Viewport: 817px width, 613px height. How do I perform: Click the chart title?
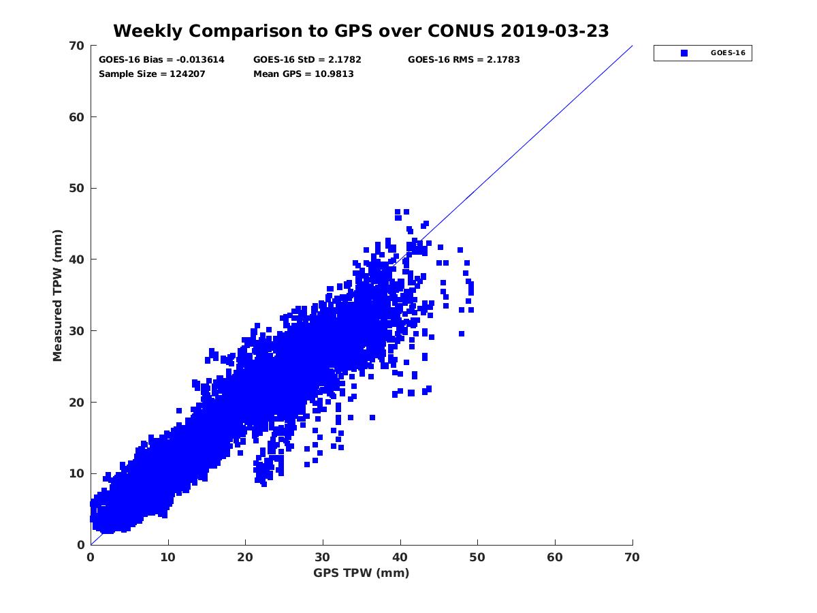point(361,31)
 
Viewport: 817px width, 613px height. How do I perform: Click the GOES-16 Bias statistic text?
point(161,60)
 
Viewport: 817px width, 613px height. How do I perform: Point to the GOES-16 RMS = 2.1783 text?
point(464,60)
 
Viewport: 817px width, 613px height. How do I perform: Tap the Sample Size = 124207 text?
point(152,74)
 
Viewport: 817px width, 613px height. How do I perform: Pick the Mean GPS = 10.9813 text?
point(303,74)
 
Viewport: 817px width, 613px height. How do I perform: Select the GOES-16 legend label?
point(727,53)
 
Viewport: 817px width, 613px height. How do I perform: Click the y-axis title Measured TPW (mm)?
point(57,295)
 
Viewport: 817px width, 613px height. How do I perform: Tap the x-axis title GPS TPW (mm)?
point(361,573)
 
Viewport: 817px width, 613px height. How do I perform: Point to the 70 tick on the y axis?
point(77,46)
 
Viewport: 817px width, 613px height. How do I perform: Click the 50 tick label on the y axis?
point(77,188)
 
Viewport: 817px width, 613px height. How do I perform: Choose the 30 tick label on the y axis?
point(77,331)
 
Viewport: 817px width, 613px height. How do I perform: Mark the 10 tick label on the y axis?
point(77,473)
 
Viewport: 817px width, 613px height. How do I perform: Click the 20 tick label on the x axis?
point(245,557)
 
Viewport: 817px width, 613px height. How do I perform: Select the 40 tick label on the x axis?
point(400,557)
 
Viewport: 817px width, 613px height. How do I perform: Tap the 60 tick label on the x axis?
point(555,557)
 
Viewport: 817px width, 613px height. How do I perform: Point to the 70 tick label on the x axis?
point(632,557)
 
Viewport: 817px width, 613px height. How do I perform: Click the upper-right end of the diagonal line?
point(632,46)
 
